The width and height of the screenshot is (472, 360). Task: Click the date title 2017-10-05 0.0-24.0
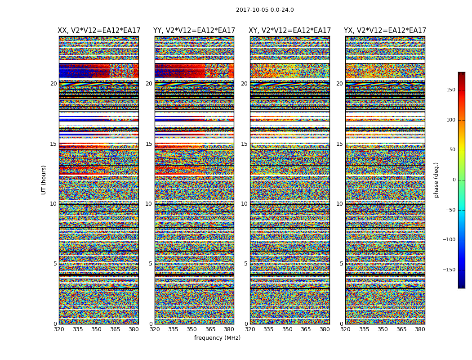pos(265,10)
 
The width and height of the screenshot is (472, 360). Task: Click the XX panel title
pos(99,31)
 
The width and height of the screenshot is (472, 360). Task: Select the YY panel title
pos(194,31)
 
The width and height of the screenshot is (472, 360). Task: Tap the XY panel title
pos(290,31)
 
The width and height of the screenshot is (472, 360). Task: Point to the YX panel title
pos(385,31)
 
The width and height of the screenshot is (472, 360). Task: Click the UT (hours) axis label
pos(44,180)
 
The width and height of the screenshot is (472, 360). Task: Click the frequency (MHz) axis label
pos(217,338)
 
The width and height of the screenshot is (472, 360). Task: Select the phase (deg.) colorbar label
pos(436,180)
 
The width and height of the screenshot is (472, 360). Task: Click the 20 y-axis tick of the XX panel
pos(53,84)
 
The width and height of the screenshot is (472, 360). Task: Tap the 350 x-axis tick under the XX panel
pos(96,329)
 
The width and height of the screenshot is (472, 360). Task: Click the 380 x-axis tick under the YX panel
pos(420,329)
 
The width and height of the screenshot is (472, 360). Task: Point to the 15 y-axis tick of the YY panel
pos(149,144)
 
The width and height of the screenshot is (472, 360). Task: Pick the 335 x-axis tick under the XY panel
pos(268,329)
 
